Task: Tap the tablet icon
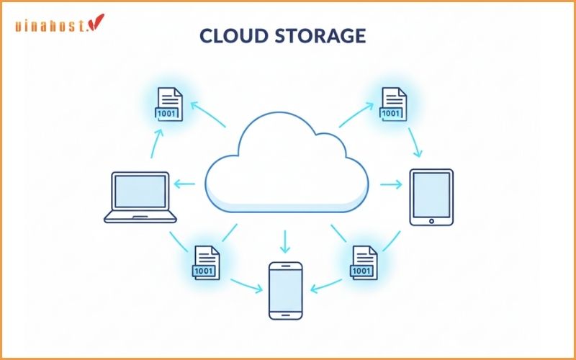click(x=431, y=197)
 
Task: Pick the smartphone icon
click(x=286, y=290)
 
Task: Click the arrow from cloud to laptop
click(x=185, y=184)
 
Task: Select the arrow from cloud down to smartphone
click(x=285, y=240)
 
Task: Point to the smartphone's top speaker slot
click(x=286, y=267)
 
